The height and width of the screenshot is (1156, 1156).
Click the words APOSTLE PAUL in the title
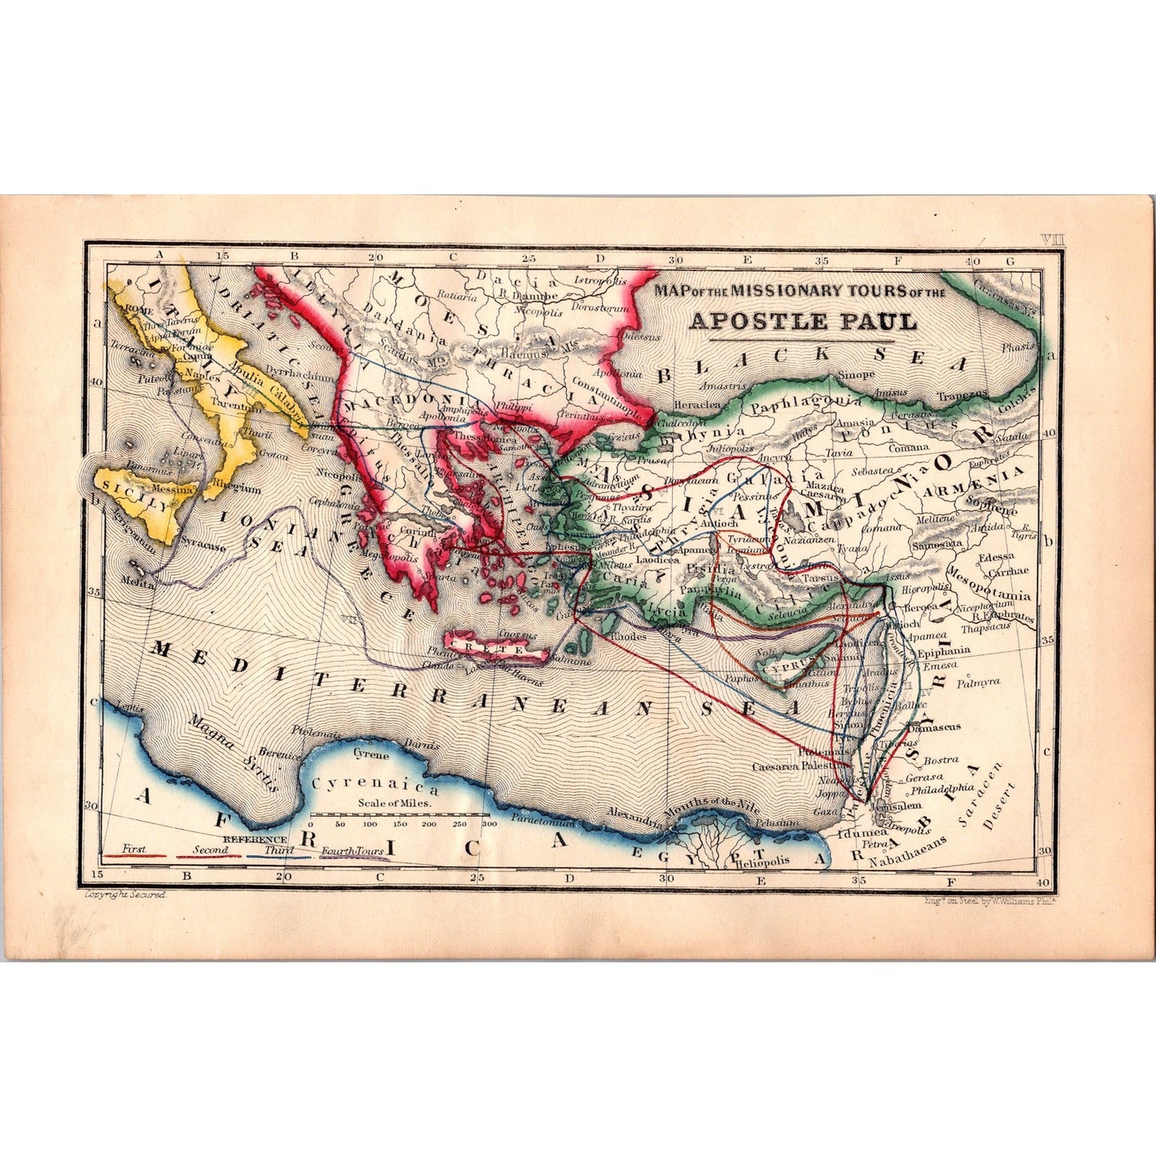click(x=803, y=321)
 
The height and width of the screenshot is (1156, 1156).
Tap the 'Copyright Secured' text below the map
click(x=124, y=896)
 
